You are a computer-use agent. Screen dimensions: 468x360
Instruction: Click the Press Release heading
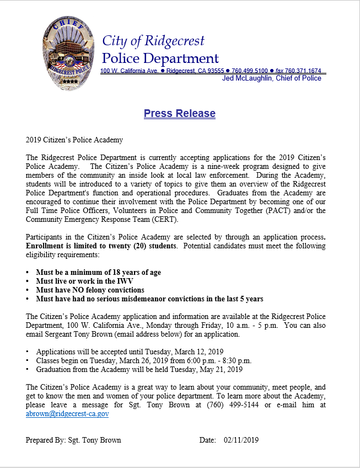[x=179, y=114]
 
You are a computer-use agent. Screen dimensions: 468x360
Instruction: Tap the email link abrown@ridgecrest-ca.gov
[x=67, y=413]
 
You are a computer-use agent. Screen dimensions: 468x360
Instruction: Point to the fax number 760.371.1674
[x=306, y=71]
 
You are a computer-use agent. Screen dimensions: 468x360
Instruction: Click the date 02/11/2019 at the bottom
[x=241, y=440]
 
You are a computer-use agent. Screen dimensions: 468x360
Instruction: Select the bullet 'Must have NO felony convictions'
[x=90, y=290]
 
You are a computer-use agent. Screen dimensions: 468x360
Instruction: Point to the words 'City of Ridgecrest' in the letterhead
[x=153, y=41]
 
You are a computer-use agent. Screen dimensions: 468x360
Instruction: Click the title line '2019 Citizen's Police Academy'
[x=74, y=140]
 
